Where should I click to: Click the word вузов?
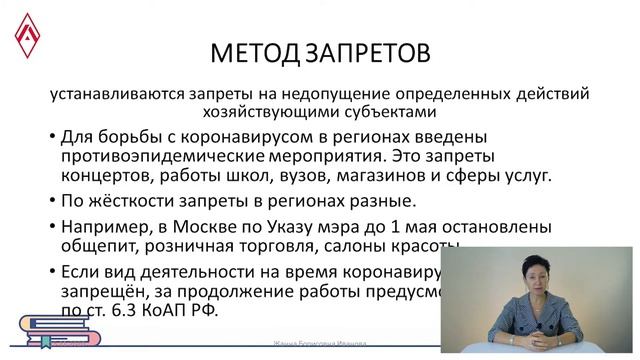[x=309, y=176]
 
